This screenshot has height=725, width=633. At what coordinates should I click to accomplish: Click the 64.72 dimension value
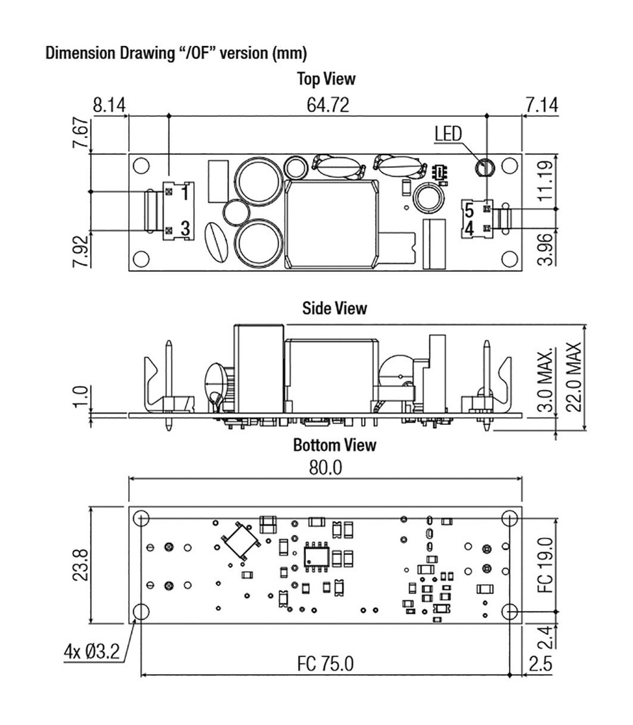click(x=328, y=105)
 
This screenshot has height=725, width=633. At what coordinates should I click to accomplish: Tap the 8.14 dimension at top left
click(x=109, y=105)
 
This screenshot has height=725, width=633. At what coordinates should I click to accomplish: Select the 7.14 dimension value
click(x=542, y=105)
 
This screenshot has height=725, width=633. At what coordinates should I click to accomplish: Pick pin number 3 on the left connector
click(x=183, y=228)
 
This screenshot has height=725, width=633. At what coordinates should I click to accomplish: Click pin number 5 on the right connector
click(x=468, y=209)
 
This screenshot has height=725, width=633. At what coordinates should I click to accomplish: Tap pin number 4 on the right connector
click(x=468, y=228)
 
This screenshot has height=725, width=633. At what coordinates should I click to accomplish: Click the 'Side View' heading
click(x=334, y=308)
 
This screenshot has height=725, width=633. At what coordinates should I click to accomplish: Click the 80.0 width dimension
click(x=324, y=467)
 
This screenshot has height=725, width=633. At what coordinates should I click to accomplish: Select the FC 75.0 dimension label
click(x=324, y=664)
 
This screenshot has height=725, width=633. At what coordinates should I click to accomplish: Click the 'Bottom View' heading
click(x=334, y=445)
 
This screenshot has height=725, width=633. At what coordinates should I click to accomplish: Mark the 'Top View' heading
click(x=328, y=79)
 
